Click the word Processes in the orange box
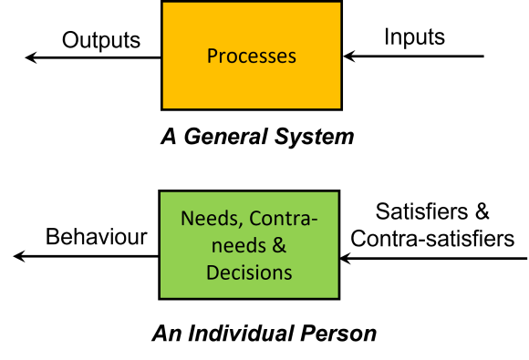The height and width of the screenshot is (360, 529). [252, 56]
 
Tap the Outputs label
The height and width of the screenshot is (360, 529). [101, 40]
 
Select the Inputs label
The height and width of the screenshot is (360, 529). [414, 37]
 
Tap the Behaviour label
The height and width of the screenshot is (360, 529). [97, 238]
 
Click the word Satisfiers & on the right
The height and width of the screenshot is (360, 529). [432, 213]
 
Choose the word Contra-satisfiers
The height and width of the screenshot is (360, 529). [432, 239]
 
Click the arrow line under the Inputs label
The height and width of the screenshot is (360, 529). [415, 58]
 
